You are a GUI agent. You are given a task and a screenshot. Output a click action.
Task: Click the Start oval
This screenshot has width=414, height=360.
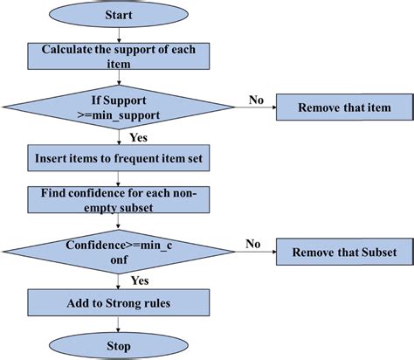(x=120, y=16)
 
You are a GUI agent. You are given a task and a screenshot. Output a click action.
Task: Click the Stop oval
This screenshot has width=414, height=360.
(x=120, y=347)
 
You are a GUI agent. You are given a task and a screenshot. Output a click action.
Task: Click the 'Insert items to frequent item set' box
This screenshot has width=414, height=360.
(x=120, y=159)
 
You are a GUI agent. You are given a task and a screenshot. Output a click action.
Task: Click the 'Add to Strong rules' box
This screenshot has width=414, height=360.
(x=120, y=304)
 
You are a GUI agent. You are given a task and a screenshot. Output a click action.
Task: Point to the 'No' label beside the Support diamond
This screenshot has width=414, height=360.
(x=256, y=100)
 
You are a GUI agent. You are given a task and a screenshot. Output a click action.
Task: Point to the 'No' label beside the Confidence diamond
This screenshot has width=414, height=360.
(x=252, y=244)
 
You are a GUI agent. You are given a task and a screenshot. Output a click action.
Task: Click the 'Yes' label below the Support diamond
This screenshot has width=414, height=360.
(x=138, y=137)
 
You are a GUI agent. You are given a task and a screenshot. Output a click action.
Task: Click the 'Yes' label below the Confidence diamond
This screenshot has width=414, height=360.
(x=138, y=281)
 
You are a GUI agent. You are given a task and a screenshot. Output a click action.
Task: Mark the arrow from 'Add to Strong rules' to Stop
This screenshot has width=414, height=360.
(x=120, y=326)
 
